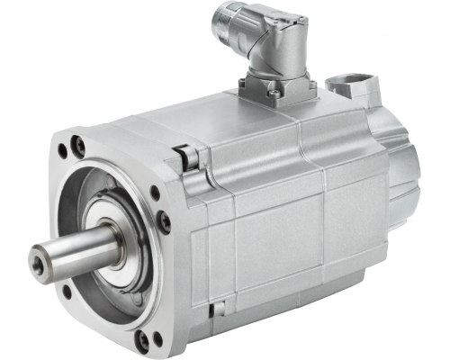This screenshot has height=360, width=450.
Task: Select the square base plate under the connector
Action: tap(274, 88)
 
